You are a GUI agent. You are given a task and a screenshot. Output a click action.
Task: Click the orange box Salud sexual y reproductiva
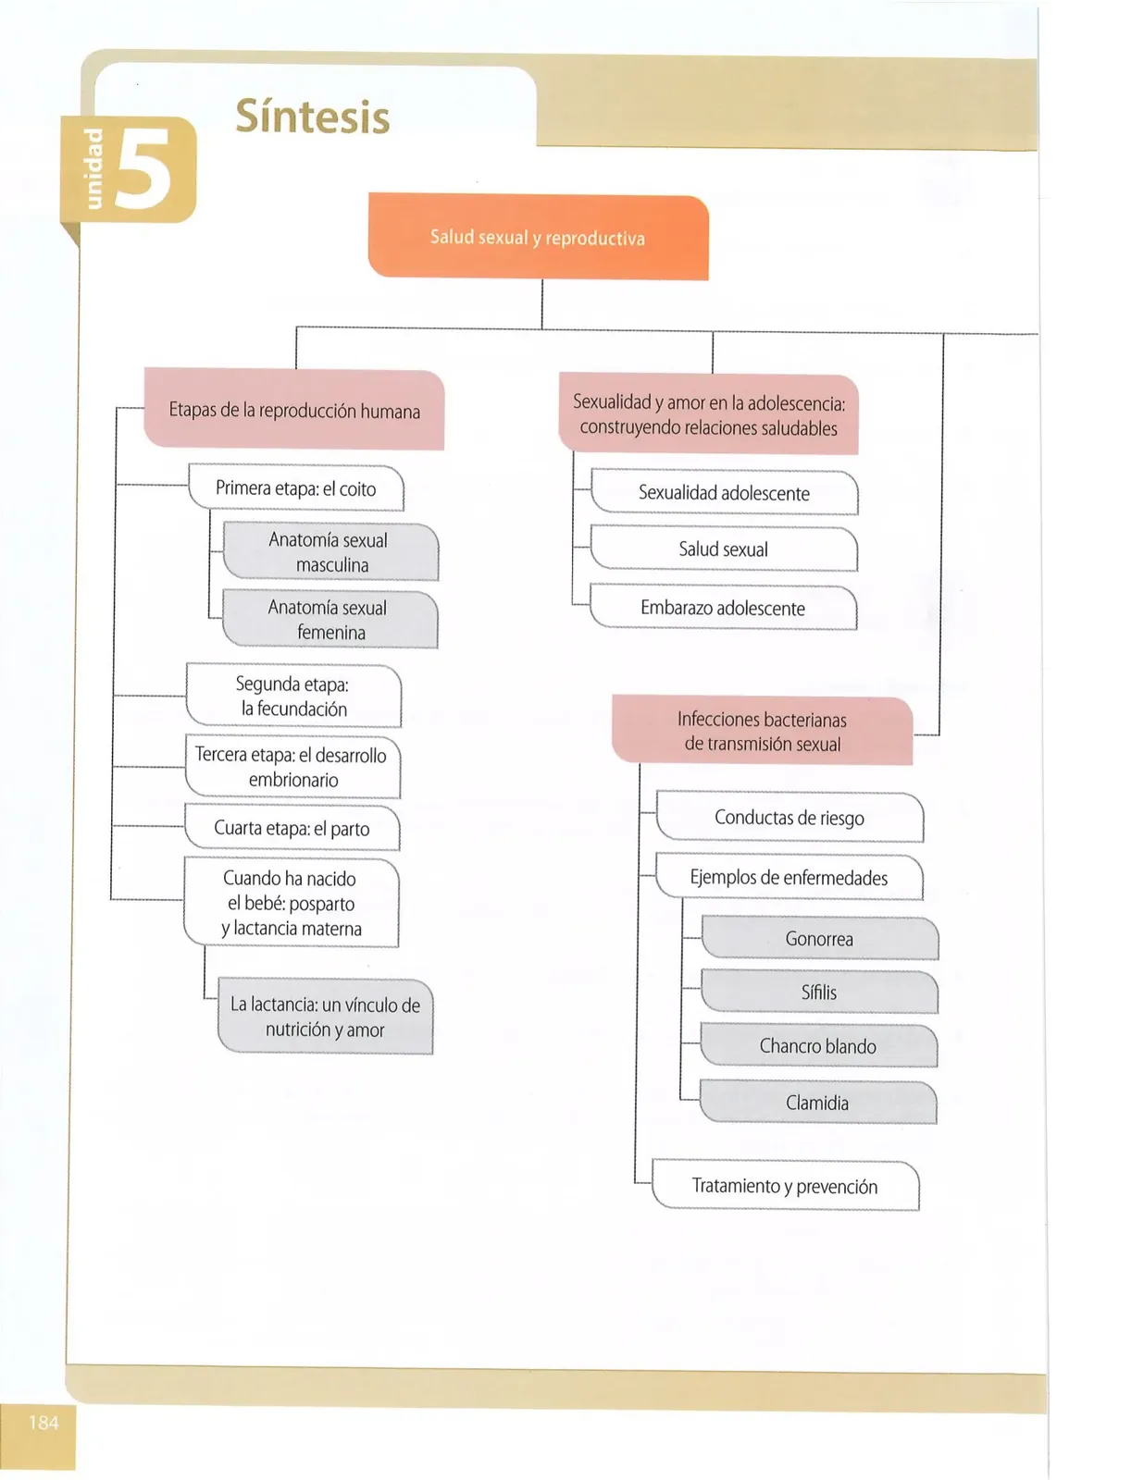(539, 236)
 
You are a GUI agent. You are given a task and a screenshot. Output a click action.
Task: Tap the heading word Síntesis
(313, 117)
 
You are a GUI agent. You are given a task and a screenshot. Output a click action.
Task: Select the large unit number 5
(144, 169)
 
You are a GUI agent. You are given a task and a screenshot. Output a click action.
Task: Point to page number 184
(44, 1422)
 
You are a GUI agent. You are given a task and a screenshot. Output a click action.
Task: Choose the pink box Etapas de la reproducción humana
(294, 410)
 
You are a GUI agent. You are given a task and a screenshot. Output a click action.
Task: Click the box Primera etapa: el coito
(295, 487)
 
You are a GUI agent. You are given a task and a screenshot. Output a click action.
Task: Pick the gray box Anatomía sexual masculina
(331, 551)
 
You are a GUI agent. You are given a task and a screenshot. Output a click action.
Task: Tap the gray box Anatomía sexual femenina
(330, 619)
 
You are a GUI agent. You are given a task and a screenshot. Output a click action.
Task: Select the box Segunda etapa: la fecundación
(293, 696)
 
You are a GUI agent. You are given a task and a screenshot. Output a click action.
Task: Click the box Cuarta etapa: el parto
(292, 828)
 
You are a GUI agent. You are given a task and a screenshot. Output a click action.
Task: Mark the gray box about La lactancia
(325, 1017)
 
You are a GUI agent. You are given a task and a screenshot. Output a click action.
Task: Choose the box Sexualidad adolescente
(725, 492)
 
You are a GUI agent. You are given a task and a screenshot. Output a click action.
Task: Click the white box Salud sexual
(724, 549)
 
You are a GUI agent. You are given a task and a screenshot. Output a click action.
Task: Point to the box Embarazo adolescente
(723, 608)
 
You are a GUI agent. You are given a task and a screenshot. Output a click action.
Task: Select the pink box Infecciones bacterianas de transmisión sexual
(763, 731)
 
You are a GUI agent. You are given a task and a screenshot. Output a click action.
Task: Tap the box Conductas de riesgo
(790, 817)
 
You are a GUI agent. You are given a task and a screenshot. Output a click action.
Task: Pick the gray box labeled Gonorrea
(820, 939)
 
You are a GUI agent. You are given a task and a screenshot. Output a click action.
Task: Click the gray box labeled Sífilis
(819, 993)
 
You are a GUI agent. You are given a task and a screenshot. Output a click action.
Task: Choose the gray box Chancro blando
(818, 1045)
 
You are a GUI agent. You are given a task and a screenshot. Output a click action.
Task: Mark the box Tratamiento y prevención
(785, 1186)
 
